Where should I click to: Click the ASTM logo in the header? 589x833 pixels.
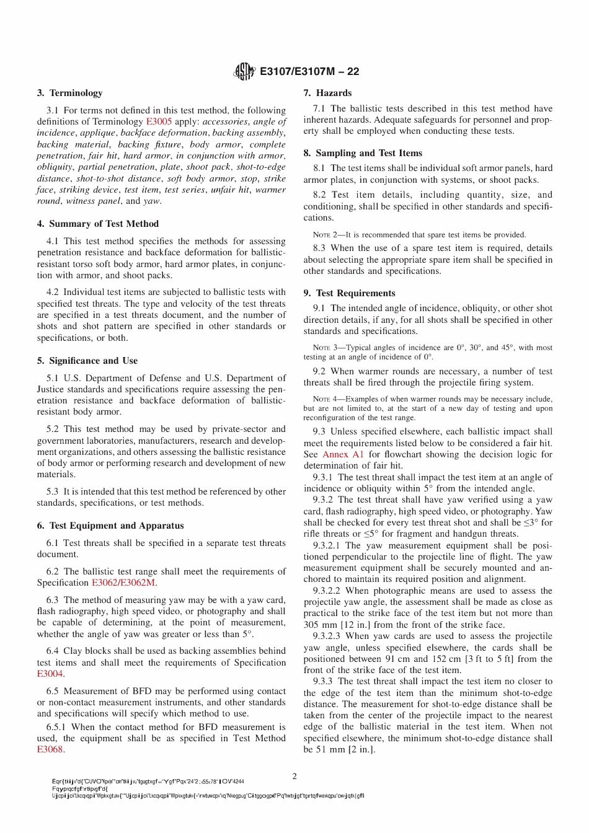[x=244, y=72]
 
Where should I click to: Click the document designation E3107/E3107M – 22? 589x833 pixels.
[x=309, y=71]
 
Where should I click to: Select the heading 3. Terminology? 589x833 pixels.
[x=69, y=93]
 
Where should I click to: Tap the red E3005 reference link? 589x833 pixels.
[x=159, y=121]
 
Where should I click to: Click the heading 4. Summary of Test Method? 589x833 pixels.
[x=97, y=224]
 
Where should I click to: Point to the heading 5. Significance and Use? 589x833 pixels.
[x=87, y=361]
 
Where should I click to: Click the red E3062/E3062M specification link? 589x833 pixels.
[x=124, y=583]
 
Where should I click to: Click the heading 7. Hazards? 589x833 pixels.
[x=327, y=93]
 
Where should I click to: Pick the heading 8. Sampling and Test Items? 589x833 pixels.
[x=363, y=153]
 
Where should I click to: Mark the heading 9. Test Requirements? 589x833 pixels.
[x=349, y=293]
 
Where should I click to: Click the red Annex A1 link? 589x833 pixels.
[x=343, y=454]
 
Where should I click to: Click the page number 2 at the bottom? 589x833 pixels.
[x=294, y=776]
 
